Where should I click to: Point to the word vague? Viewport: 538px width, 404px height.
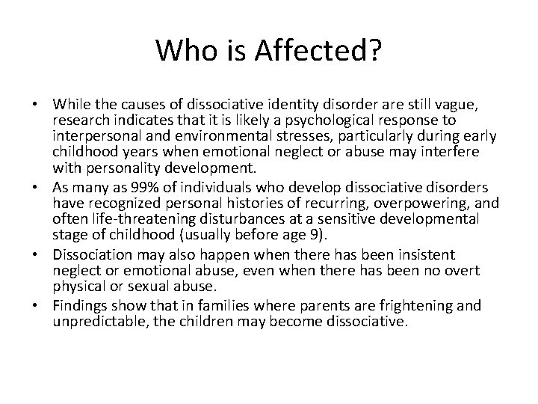466,105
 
